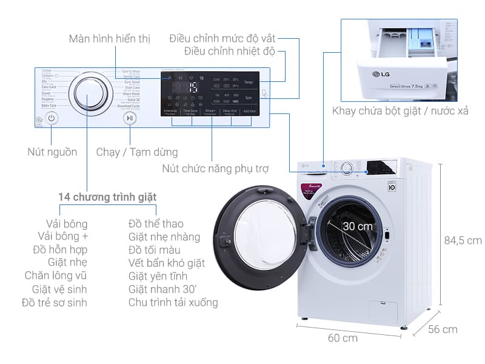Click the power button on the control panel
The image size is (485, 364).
(x=52, y=119)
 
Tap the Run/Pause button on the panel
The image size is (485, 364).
(x=129, y=119)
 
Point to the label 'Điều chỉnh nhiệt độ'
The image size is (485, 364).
(x=230, y=52)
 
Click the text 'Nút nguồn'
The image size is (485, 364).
(x=52, y=152)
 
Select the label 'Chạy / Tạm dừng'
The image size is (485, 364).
(x=137, y=152)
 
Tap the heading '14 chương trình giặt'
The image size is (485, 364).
(x=107, y=197)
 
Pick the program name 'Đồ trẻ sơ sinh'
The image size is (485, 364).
(x=55, y=302)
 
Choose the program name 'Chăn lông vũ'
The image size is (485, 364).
(x=56, y=275)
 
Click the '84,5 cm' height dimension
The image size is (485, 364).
(x=463, y=241)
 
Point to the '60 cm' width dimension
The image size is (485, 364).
(x=343, y=338)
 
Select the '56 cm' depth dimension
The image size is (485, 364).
(x=442, y=329)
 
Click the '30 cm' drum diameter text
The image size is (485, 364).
(x=356, y=226)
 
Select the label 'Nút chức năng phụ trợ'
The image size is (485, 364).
(x=215, y=168)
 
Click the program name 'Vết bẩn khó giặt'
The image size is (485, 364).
(x=167, y=263)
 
